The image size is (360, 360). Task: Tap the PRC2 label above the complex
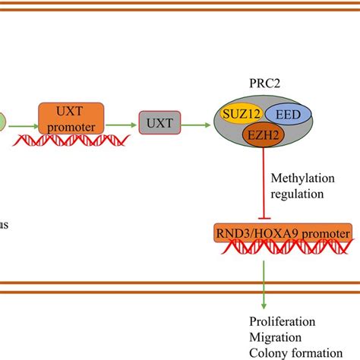click(262, 81)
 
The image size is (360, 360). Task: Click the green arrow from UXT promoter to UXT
click(121, 121)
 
